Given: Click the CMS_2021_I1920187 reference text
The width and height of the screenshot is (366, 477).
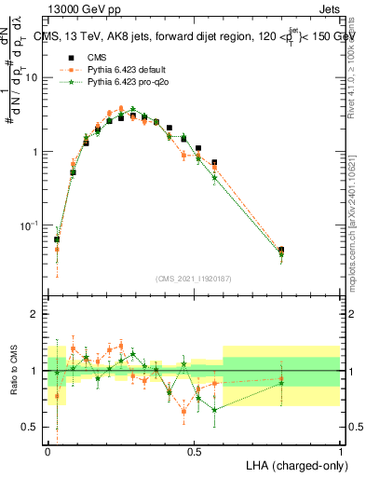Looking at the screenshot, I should (x=194, y=278).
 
